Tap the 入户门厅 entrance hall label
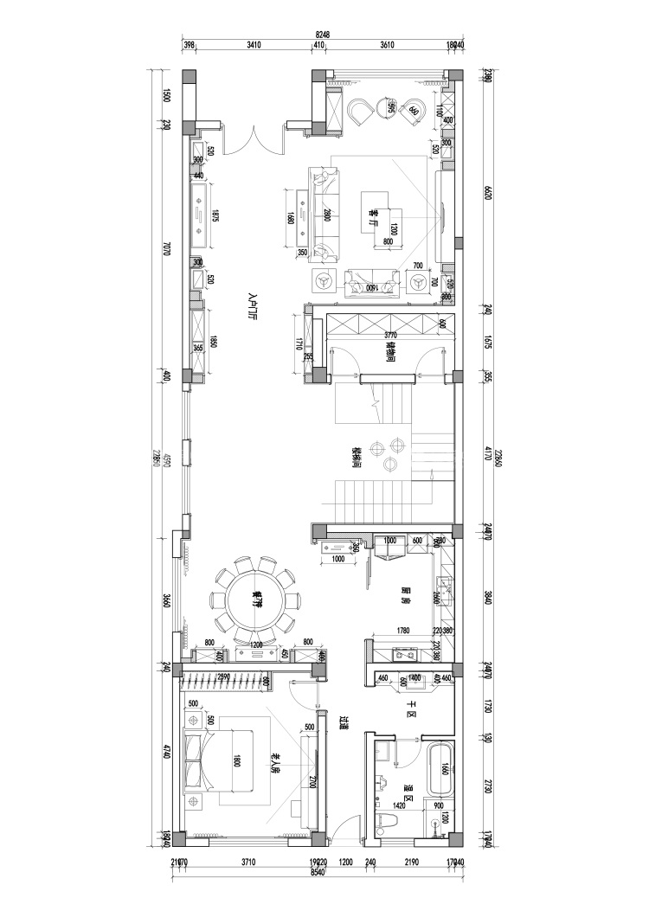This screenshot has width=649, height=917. (x=254, y=307)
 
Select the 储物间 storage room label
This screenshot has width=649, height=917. (x=390, y=351)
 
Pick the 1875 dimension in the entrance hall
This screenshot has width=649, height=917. (x=215, y=215)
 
